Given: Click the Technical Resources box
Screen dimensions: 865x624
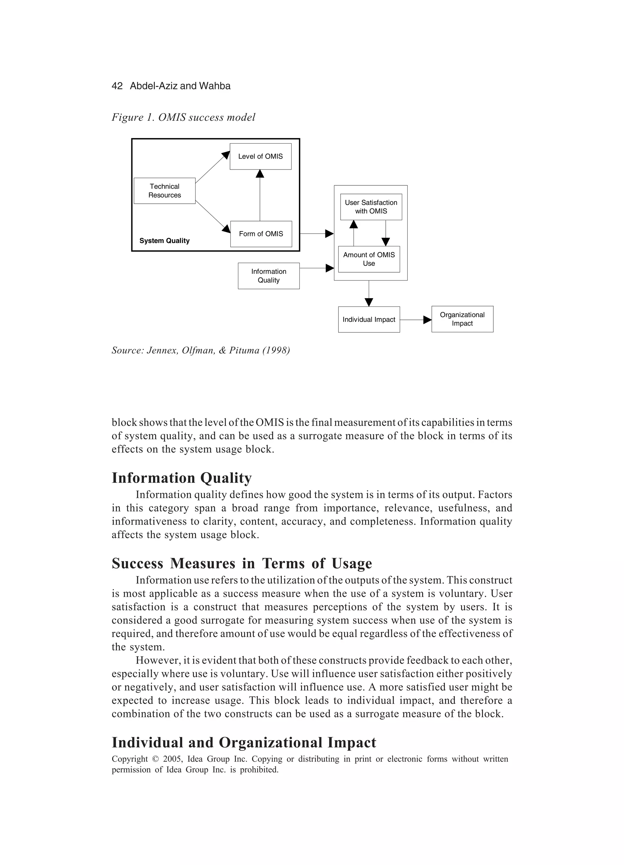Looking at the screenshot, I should pyautogui.click(x=164, y=191).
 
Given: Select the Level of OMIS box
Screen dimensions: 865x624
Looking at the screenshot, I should pyautogui.click(x=260, y=156).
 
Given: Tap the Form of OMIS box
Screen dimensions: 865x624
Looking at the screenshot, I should pyautogui.click(x=261, y=234).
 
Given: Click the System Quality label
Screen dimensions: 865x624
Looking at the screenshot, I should pyautogui.click(x=164, y=241).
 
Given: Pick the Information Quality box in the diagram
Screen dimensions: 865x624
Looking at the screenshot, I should pyautogui.click(x=269, y=276).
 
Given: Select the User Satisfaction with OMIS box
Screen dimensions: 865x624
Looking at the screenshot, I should pyautogui.click(x=371, y=207).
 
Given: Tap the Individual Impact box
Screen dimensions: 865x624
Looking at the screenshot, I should pyautogui.click(x=369, y=320).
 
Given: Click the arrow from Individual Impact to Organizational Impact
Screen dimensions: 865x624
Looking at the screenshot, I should pyautogui.click(x=416, y=320).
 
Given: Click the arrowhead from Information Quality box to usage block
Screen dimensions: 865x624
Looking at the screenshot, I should pyautogui.click(x=330, y=268).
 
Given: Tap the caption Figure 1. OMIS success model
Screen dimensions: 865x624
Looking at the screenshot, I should pyautogui.click(x=183, y=117).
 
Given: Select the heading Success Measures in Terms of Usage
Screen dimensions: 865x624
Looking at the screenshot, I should pyautogui.click(x=242, y=564).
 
